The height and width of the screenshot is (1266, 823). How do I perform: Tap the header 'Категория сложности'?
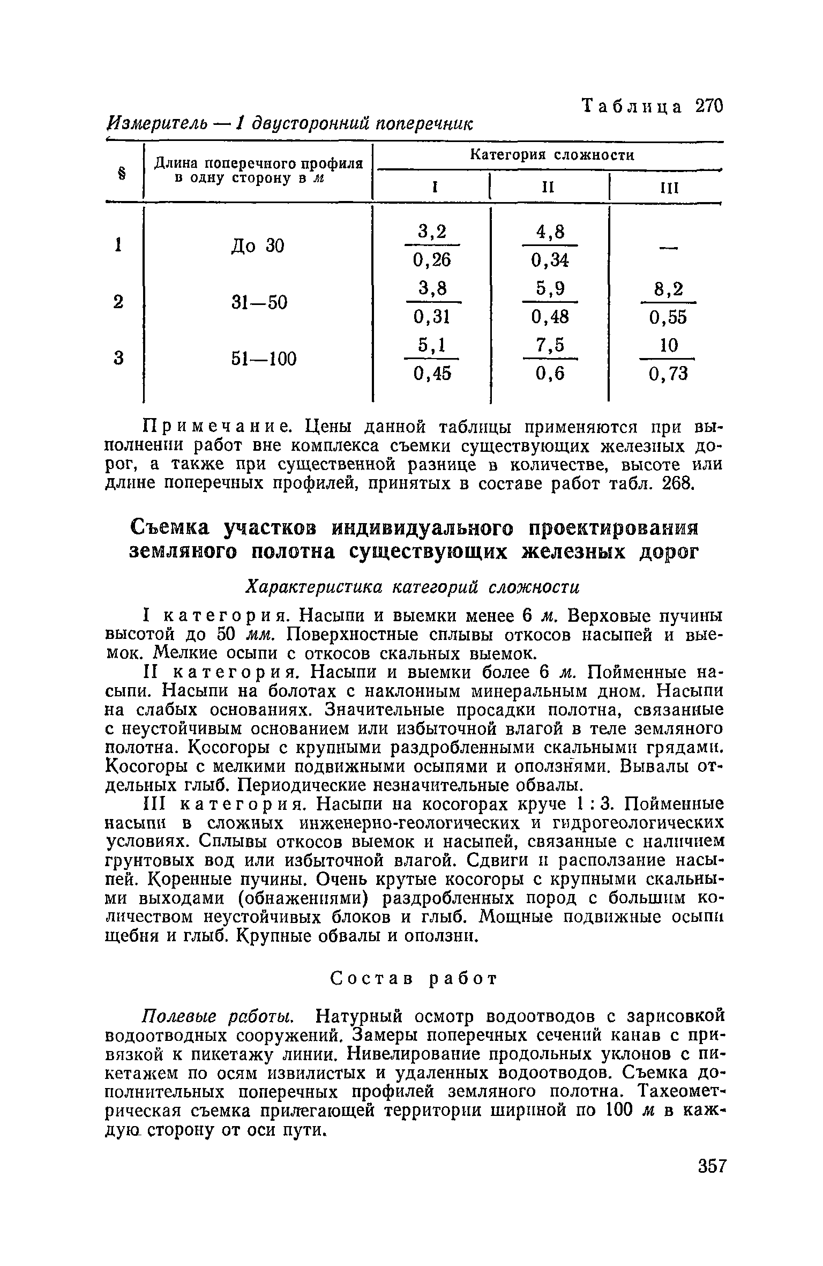click(551, 155)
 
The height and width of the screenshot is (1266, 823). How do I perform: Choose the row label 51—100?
click(264, 358)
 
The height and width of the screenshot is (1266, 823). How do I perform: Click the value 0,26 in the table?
click(432, 260)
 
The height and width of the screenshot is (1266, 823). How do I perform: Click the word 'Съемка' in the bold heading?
click(174, 528)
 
